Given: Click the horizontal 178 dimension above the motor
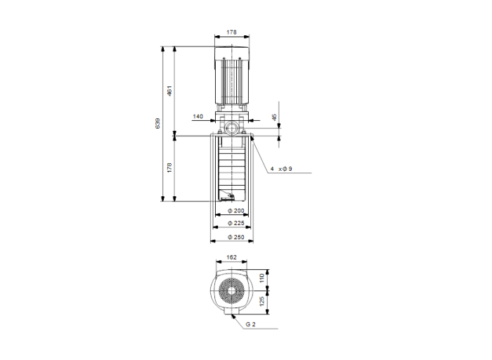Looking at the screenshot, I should tap(232, 32).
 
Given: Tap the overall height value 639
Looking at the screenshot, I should tap(157, 123).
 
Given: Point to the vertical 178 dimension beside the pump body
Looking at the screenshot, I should tap(169, 167).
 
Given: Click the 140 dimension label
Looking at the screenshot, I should tap(198, 115).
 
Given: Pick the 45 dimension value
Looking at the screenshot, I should tap(275, 116).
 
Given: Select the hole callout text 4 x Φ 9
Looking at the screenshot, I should tap(280, 169).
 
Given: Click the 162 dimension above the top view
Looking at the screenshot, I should tap(232, 257).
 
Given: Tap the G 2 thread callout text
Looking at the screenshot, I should tap(251, 324).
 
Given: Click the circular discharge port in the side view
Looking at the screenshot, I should tap(232, 129).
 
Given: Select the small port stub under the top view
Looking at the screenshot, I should tap(232, 316).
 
